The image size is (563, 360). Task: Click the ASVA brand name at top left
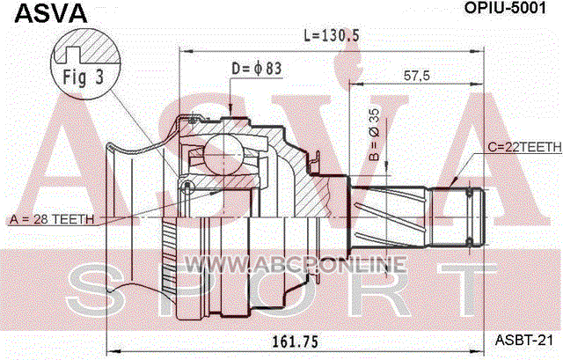[51, 13]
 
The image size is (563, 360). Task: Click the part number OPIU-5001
[505, 8]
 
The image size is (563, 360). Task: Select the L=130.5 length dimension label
[332, 35]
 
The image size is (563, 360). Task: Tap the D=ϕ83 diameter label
[257, 69]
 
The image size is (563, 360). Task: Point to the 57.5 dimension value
[416, 76]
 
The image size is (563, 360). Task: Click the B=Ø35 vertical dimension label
[373, 134]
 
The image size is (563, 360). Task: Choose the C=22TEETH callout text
[524, 147]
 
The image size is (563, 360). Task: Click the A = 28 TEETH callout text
[52, 219]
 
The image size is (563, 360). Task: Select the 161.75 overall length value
[295, 342]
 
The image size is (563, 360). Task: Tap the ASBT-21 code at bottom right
[524, 340]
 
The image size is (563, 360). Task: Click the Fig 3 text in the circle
[84, 77]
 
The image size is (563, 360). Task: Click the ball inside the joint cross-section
[223, 153]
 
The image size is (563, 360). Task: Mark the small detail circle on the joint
[186, 186]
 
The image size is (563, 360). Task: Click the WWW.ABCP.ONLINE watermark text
[296, 265]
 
